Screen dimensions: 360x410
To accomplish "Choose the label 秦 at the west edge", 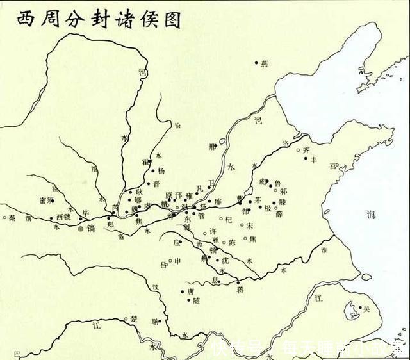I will click(x=12, y=218).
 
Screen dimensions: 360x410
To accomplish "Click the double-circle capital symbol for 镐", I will click(x=80, y=227).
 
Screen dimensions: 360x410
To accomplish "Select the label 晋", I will click(x=156, y=183).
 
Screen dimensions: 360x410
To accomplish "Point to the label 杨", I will click(x=161, y=170).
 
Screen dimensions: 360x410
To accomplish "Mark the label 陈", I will click(x=232, y=243).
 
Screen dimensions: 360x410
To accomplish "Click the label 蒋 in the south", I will click(x=240, y=290).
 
